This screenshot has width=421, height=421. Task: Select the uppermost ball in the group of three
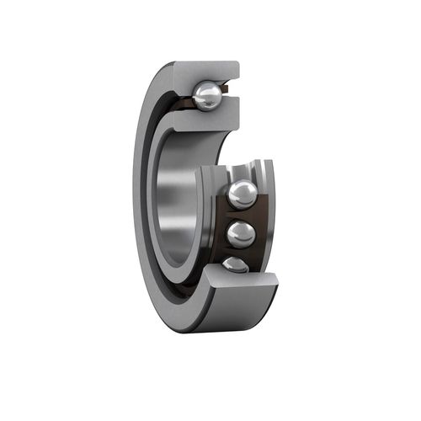tap(242, 195)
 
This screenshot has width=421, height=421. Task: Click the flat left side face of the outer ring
tap(144, 202)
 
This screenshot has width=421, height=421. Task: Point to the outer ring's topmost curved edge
tap(194, 62)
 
